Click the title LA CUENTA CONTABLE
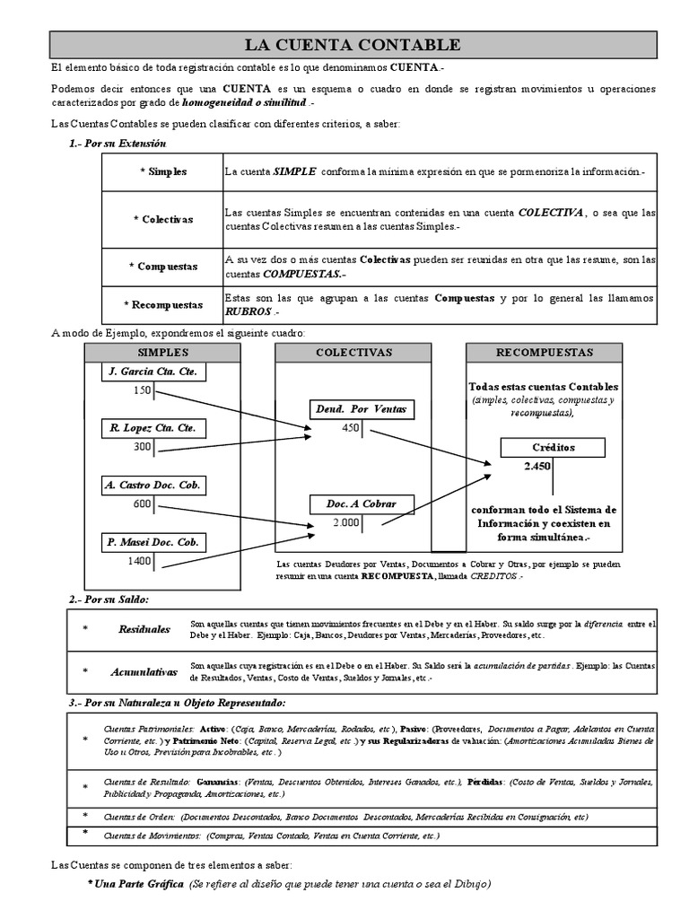(353, 45)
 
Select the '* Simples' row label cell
(162, 171)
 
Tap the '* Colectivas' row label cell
(162, 219)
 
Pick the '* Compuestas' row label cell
(162, 267)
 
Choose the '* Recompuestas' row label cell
(162, 305)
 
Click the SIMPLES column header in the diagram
(162, 353)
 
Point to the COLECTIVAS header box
(353, 353)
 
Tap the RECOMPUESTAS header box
(545, 353)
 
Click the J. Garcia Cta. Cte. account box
(153, 372)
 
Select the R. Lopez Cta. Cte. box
(153, 428)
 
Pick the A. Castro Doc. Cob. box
(153, 486)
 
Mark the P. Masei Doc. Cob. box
(153, 542)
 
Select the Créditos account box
(554, 447)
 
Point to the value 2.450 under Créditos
(537, 467)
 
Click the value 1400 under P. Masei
(139, 561)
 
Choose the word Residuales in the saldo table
(144, 629)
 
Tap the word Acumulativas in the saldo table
(144, 671)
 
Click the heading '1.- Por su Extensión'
(118, 144)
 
